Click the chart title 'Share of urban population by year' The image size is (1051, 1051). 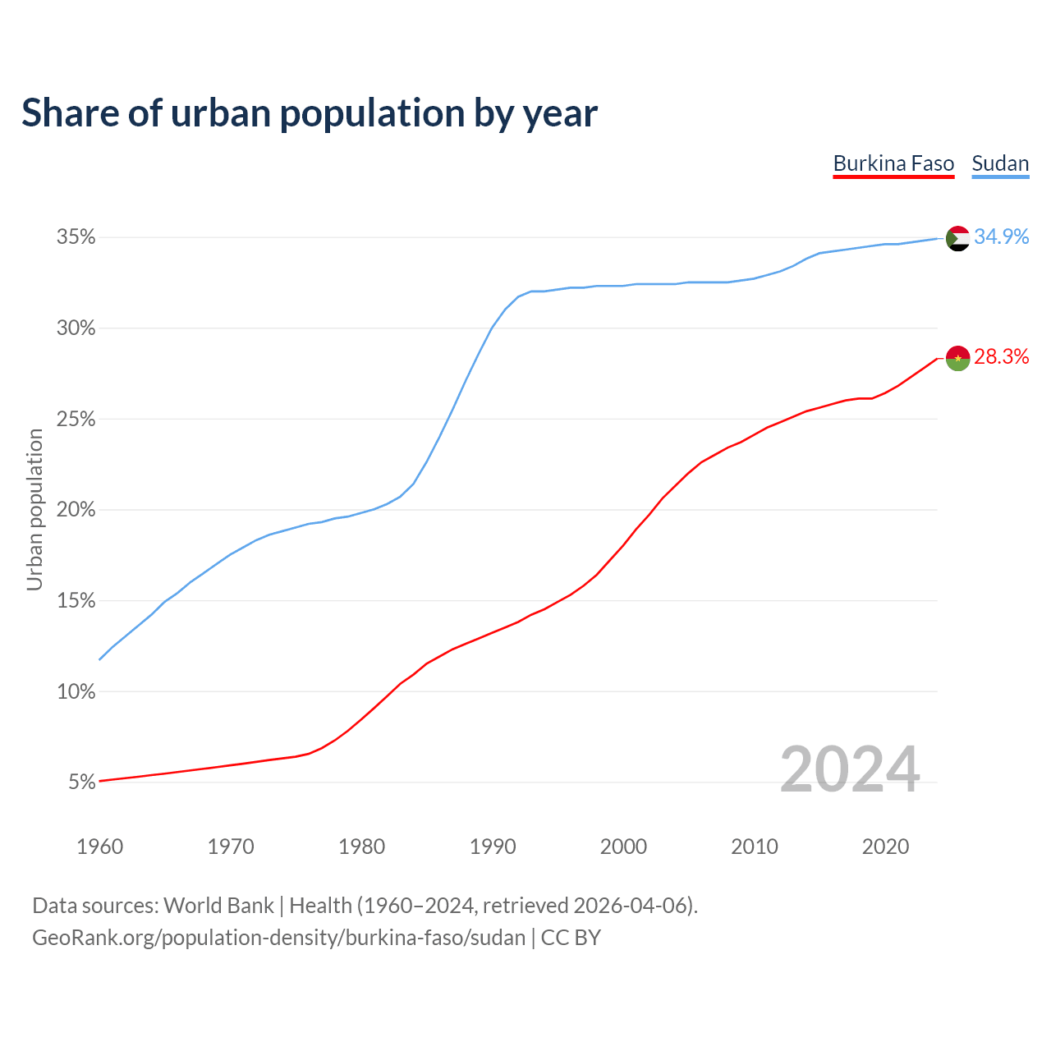tap(310, 113)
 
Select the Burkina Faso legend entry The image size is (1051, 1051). tap(893, 163)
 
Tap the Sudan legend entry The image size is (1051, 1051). tap(1000, 163)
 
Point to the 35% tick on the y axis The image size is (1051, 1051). tap(76, 237)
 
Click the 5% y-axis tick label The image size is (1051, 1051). tap(82, 783)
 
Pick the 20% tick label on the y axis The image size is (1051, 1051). tap(76, 510)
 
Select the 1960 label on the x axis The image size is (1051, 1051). tap(99, 847)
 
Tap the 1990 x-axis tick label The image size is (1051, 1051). tap(493, 847)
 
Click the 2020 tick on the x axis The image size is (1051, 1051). tap(885, 847)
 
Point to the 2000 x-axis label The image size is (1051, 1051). tap(623, 847)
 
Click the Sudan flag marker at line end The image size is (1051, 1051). tap(958, 238)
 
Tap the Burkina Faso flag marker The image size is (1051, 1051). tap(958, 358)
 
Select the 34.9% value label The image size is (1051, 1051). tap(1001, 237)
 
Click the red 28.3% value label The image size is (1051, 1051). tap(1001, 357)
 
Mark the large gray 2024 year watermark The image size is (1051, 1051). tap(850, 770)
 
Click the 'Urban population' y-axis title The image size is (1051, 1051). tap(34, 510)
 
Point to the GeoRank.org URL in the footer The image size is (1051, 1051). tap(278, 938)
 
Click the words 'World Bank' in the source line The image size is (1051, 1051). tap(218, 906)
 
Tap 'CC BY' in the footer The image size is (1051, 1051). tap(571, 938)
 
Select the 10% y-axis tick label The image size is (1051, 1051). tap(76, 691)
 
